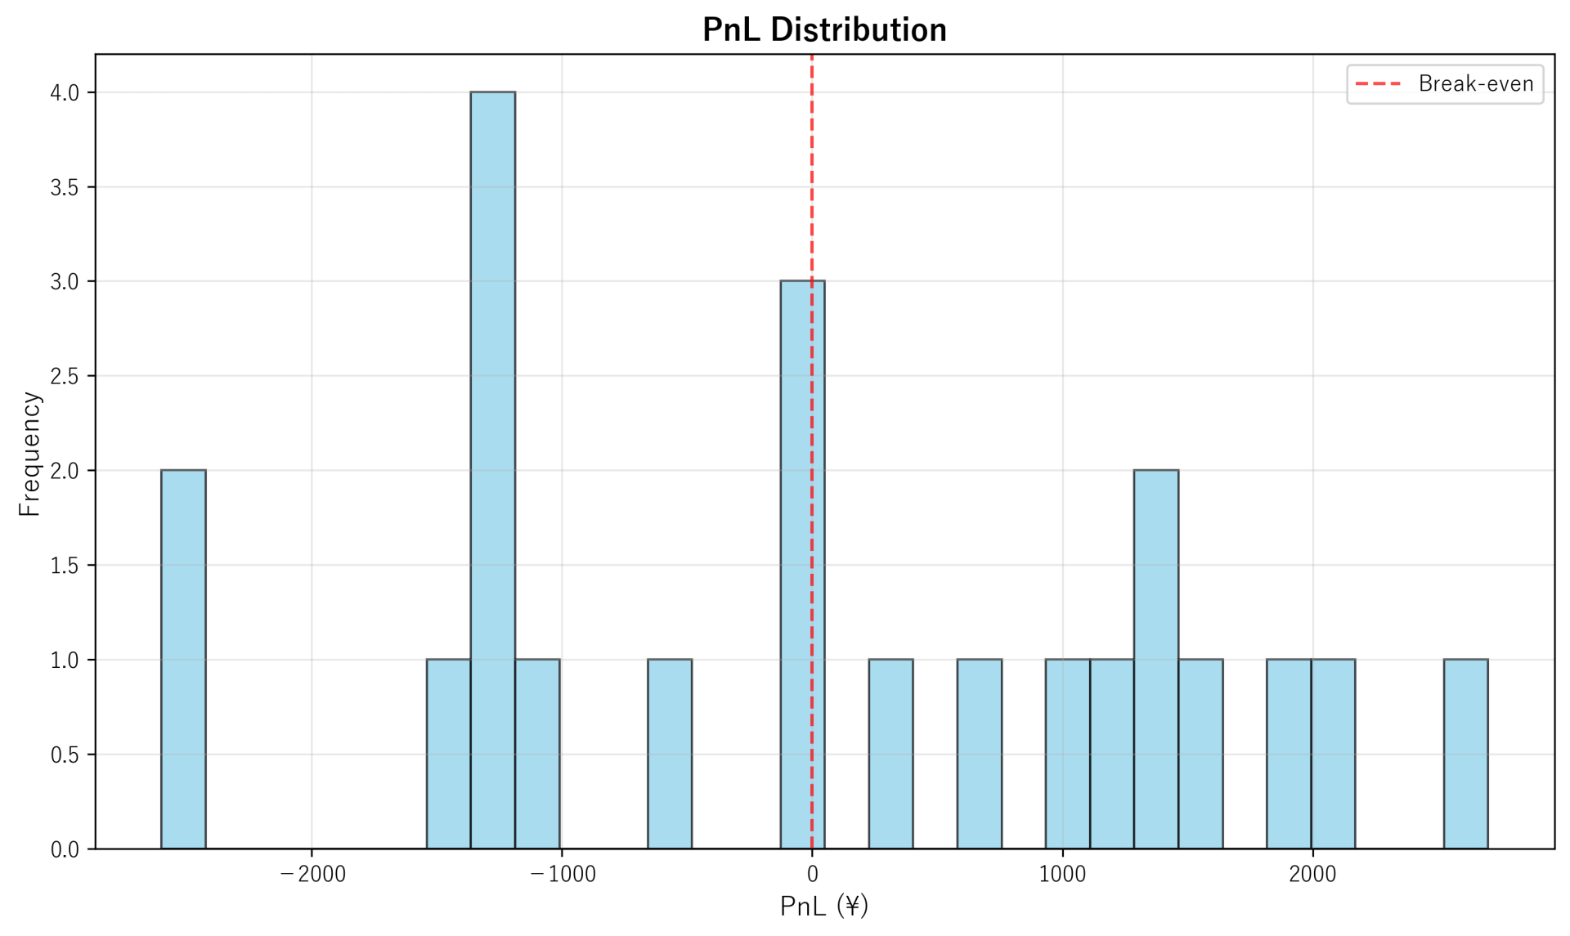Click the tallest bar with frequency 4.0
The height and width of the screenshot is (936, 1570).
point(492,470)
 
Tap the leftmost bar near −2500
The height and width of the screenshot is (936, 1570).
point(183,659)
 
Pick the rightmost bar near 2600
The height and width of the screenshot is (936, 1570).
point(1465,754)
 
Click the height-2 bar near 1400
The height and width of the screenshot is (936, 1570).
point(1155,659)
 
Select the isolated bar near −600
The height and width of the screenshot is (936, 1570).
point(669,754)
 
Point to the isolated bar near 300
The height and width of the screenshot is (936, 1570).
point(890,754)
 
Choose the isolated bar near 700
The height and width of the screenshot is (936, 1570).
point(979,754)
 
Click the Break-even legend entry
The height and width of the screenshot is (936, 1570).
point(1445,84)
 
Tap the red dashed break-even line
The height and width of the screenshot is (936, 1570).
point(812,163)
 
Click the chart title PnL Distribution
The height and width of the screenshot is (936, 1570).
point(824,30)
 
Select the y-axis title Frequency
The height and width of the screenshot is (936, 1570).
point(29,454)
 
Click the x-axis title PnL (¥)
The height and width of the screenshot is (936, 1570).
point(824,906)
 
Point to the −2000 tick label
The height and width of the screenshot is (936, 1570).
point(312,875)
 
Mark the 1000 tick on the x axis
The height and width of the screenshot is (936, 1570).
point(1062,875)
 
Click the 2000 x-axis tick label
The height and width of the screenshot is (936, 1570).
point(1312,875)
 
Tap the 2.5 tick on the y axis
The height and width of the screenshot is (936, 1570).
point(65,377)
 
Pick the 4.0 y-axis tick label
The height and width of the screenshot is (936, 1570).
point(65,93)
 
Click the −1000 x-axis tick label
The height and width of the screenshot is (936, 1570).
point(563,875)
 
